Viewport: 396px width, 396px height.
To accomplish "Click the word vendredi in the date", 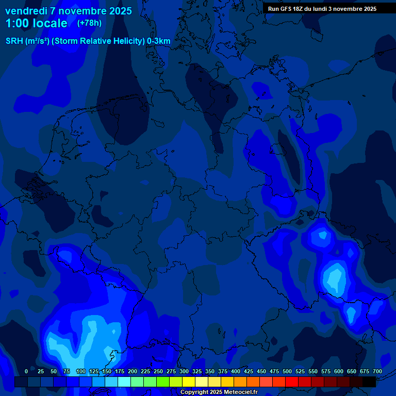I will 26,11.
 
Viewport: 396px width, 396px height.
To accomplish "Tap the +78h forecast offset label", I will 89,23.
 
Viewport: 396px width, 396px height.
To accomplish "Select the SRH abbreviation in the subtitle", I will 14,41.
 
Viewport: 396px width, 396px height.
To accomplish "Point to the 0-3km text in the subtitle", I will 159,41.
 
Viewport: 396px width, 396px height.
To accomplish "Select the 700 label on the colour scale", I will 377,371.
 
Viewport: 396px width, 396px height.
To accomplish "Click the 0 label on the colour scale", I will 26,371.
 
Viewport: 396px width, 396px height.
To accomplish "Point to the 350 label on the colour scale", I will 209,371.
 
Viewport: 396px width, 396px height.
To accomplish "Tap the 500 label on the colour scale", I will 287,371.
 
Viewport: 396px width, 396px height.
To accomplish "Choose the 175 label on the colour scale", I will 119,371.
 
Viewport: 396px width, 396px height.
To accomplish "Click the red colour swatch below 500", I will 292,382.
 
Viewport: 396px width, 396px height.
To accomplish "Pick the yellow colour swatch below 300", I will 189,382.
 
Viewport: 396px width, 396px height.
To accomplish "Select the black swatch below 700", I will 369,382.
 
